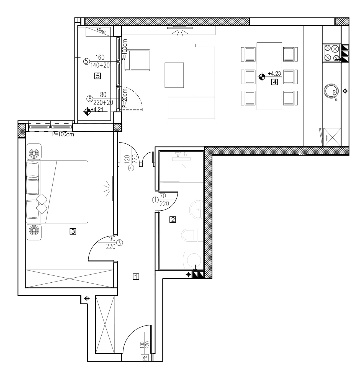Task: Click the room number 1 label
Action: pyautogui.click(x=136, y=277)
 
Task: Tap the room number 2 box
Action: pyautogui.click(x=173, y=220)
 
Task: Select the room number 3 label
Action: pyautogui.click(x=73, y=231)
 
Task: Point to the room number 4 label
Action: pyautogui.click(x=274, y=82)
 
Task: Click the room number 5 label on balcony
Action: pyautogui.click(x=98, y=76)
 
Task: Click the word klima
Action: pyautogui.click(x=101, y=30)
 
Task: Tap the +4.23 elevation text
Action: pyautogui.click(x=274, y=73)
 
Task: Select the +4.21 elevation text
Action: pyautogui.click(x=97, y=109)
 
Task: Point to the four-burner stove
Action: pyautogui.click(x=331, y=53)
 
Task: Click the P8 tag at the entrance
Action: pyautogui.click(x=145, y=357)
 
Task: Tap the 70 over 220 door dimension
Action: pyautogui.click(x=164, y=200)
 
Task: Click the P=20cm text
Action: pyautogui.click(x=125, y=98)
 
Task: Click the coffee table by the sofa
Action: pyautogui.click(x=174, y=75)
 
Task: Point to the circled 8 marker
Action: pyautogui.click(x=90, y=99)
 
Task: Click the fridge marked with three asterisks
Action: pyautogui.click(x=330, y=137)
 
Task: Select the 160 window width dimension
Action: pyautogui.click(x=100, y=57)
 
